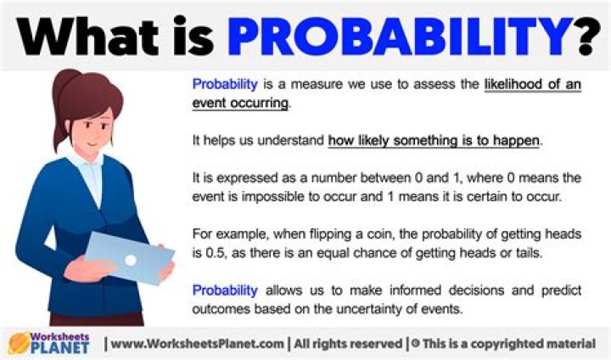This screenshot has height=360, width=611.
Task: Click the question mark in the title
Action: click(584, 36)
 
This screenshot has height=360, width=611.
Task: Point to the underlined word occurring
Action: click(258, 104)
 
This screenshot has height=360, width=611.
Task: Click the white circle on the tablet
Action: click(130, 258)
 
